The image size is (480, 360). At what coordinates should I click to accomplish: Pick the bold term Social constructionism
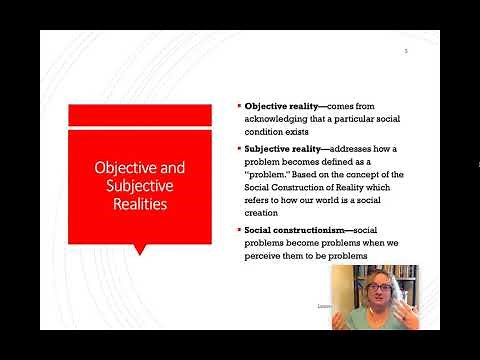[x=295, y=230]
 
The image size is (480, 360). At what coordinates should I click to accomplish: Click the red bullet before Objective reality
[x=238, y=105]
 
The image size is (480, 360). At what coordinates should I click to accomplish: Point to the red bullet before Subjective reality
[x=238, y=147]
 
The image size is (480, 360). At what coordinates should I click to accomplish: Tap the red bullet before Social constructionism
[x=238, y=230]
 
